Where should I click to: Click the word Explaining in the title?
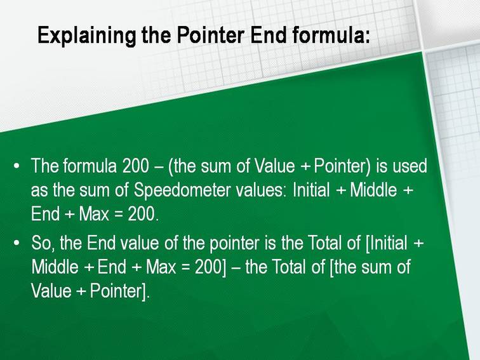pyautogui.click(x=86, y=36)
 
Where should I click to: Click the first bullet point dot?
pyautogui.click(x=17, y=166)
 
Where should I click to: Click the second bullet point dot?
pyautogui.click(x=17, y=243)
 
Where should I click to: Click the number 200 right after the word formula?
pyautogui.click(x=135, y=166)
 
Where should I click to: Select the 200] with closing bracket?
pyautogui.click(x=210, y=267)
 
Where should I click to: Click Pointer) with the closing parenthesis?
pyautogui.click(x=343, y=166)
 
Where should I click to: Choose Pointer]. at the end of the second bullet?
pyautogui.click(x=120, y=291)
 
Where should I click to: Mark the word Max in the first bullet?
pyautogui.click(x=94, y=214)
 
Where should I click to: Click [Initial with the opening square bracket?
pyautogui.click(x=386, y=244)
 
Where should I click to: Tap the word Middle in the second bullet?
pyautogui.click(x=55, y=267)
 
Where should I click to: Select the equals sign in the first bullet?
pyautogui.click(x=119, y=214)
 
